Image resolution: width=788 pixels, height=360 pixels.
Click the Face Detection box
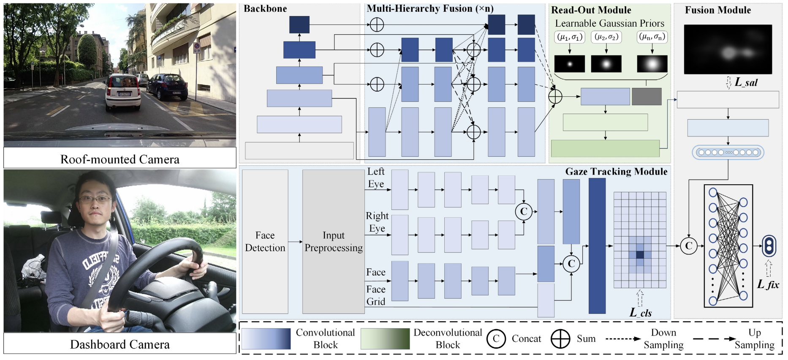[x=265, y=242]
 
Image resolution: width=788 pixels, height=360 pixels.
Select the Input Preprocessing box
[x=333, y=242]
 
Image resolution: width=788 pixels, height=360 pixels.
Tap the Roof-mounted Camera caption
[x=120, y=159]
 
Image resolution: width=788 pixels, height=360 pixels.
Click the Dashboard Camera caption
[x=120, y=344]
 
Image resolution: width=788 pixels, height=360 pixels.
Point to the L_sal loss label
[x=746, y=82]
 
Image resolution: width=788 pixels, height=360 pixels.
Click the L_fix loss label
[x=768, y=284]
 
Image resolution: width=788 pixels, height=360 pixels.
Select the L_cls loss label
[x=641, y=313]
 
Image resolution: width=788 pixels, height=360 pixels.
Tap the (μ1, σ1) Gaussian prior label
[x=570, y=37]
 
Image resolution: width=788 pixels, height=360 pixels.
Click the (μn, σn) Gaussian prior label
[x=652, y=37]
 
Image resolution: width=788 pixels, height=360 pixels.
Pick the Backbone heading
[x=265, y=9]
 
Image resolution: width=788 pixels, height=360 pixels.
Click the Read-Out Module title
[x=591, y=10]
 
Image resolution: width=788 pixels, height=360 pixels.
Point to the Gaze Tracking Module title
[x=616, y=172]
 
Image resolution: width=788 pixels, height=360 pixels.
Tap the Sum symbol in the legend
[x=560, y=339]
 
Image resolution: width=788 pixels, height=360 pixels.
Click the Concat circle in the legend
[x=496, y=339]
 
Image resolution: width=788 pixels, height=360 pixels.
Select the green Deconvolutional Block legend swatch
[x=385, y=339]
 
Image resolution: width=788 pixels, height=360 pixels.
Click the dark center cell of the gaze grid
[x=640, y=255]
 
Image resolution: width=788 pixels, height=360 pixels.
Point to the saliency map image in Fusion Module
[x=728, y=49]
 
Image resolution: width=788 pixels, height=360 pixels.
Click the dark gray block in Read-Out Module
[x=647, y=97]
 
